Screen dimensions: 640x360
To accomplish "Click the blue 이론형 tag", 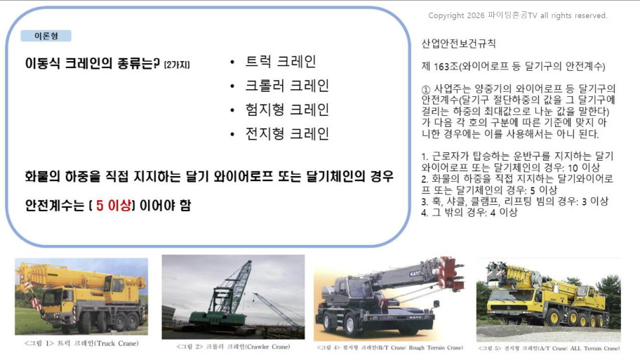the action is [46, 36].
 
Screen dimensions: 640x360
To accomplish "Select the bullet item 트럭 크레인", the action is [281, 62].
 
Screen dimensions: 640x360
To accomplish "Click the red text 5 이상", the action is [114, 206].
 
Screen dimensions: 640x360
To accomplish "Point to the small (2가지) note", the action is [177, 65].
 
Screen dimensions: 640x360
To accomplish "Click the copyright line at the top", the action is [518, 15].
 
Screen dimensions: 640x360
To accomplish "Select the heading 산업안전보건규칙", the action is [458, 44].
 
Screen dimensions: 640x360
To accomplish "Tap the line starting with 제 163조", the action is [514, 66].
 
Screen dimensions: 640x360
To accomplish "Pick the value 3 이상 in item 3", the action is [595, 201].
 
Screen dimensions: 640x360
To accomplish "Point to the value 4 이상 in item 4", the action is [504, 212].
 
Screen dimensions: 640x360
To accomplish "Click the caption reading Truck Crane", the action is [81, 343].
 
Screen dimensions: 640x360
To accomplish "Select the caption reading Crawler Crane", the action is [233, 347].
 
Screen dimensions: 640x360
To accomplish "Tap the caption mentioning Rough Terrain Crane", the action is [390, 348].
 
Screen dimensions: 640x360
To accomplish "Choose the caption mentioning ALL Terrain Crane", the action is [549, 348].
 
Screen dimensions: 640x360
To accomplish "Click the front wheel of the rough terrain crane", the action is [328, 321].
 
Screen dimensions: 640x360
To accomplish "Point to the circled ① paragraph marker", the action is [426, 89].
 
